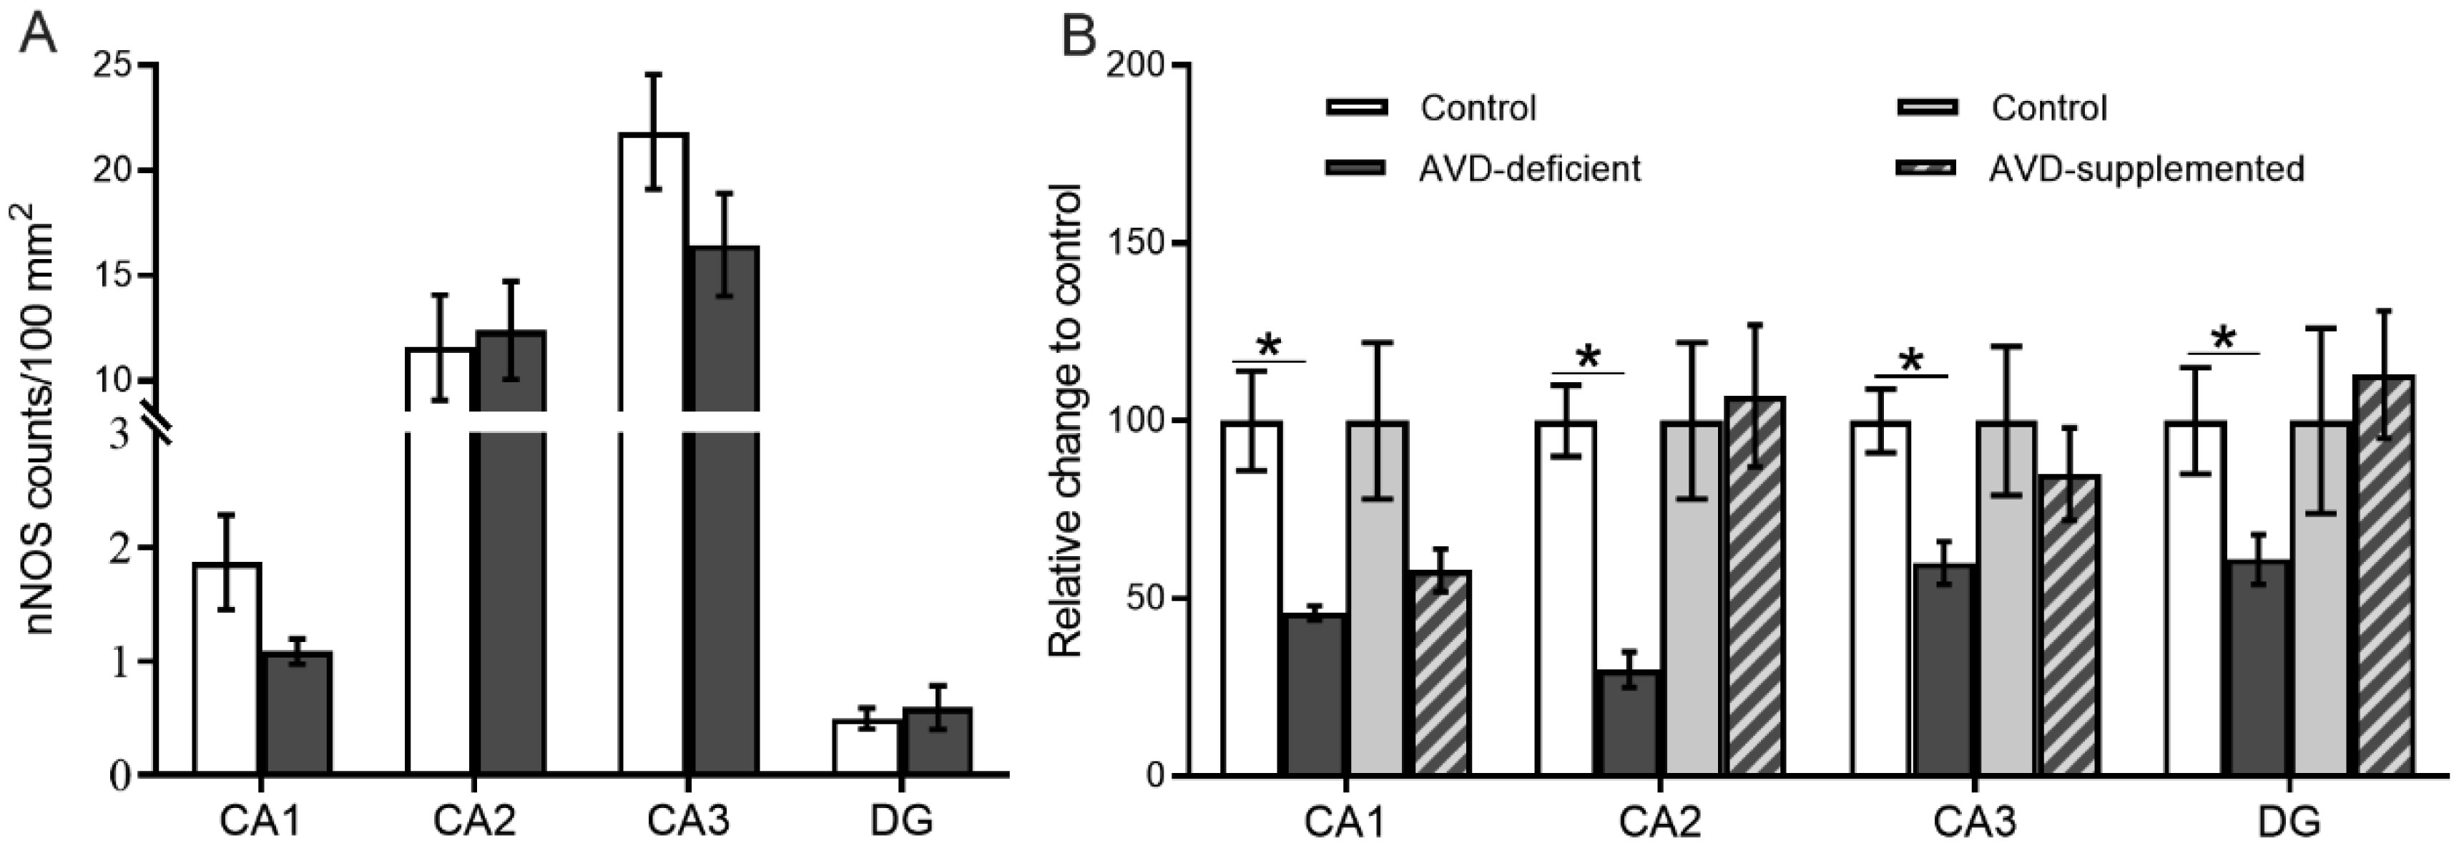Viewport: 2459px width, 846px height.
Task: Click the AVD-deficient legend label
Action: [x=1529, y=169]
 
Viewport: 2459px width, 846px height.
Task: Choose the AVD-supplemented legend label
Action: [x=2146, y=169]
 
